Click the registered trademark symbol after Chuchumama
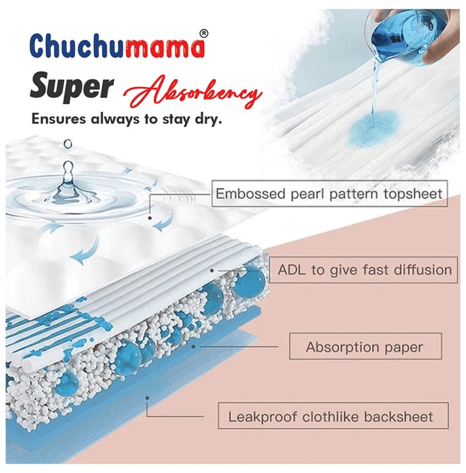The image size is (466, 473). pyautogui.click(x=204, y=33)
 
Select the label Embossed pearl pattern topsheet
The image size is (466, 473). pyautogui.click(x=330, y=194)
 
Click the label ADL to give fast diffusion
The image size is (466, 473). pyautogui.click(x=363, y=270)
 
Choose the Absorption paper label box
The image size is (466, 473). pyautogui.click(x=365, y=346)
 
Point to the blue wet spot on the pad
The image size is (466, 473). pyautogui.click(x=373, y=128)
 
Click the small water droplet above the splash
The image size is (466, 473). pyautogui.click(x=68, y=143)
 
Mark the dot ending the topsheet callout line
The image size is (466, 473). pyautogui.click(x=150, y=218)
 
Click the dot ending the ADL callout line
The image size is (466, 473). pyautogui.click(x=212, y=270)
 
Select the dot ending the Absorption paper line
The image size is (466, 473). pyautogui.click(x=194, y=346)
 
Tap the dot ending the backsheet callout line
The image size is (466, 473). pyautogui.click(x=147, y=398)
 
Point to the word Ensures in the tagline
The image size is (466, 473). pyautogui.click(x=59, y=119)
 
